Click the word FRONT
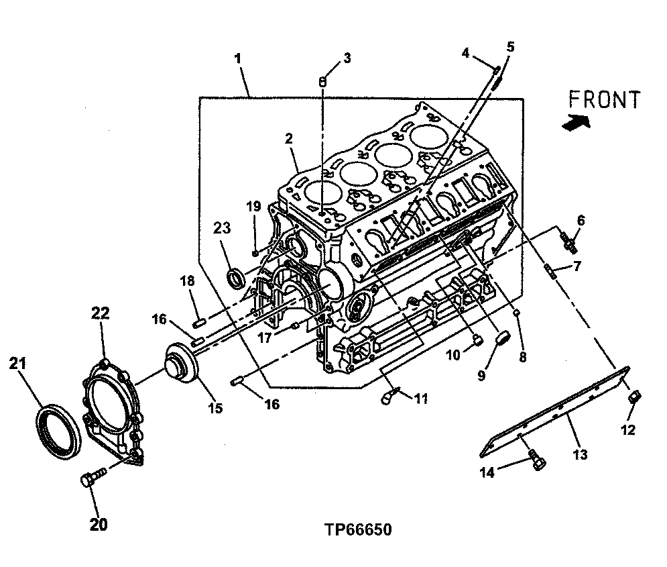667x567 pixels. tap(604, 99)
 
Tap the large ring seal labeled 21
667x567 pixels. tap(57, 426)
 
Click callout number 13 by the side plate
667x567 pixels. tap(580, 454)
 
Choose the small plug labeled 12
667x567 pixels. tap(634, 400)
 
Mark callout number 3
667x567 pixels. tap(347, 58)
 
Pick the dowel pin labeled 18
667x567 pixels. tap(198, 323)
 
